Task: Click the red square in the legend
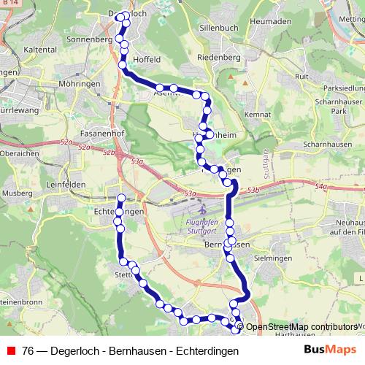[x=10, y=351]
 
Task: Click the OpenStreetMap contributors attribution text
[x=301, y=327]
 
